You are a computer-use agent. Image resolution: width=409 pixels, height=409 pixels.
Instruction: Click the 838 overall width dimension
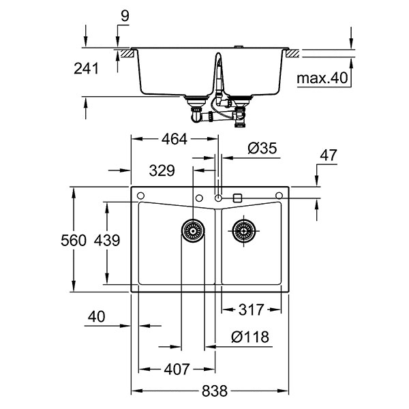[212, 392]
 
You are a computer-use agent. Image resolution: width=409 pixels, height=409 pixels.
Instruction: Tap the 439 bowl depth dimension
[108, 240]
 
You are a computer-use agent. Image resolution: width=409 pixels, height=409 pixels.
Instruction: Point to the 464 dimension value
[174, 139]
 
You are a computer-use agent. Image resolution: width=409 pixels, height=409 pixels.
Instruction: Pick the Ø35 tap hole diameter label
[262, 147]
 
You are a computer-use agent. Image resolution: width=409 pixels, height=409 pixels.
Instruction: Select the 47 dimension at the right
[329, 155]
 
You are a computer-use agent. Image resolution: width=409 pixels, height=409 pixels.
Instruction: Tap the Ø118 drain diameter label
[249, 336]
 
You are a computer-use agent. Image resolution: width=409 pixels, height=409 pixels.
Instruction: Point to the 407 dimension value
[175, 370]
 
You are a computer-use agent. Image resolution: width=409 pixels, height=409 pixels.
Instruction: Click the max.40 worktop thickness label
[322, 78]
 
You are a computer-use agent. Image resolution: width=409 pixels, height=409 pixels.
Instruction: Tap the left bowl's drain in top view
[193, 230]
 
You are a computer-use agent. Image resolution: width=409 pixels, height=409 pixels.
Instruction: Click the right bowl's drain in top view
[243, 230]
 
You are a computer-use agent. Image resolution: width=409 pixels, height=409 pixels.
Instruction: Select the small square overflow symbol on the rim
[237, 197]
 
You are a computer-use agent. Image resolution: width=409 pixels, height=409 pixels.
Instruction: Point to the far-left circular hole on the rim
[140, 197]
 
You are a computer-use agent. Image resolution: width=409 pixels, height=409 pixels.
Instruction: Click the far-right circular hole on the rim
[279, 197]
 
